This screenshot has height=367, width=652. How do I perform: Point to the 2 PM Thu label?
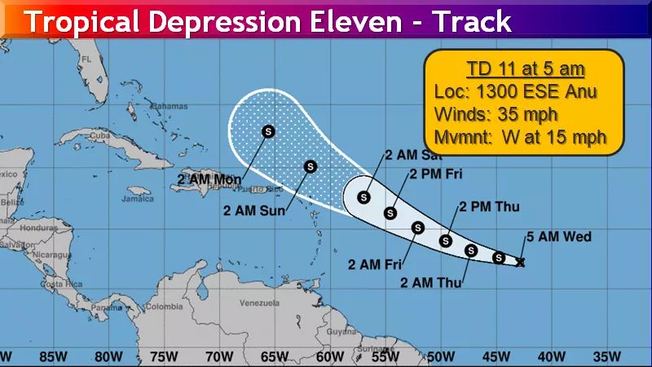coord(489,207)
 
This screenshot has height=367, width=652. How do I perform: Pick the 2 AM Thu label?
coord(432,283)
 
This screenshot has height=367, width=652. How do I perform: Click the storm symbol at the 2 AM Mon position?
coord(268,130)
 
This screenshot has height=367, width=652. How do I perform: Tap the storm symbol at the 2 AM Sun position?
coord(310,166)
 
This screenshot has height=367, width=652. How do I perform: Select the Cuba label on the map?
coord(100,135)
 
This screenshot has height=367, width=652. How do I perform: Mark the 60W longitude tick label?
coord(329,356)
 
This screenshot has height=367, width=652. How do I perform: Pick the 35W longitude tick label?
coord(606,356)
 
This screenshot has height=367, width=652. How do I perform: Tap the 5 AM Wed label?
coord(558,237)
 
